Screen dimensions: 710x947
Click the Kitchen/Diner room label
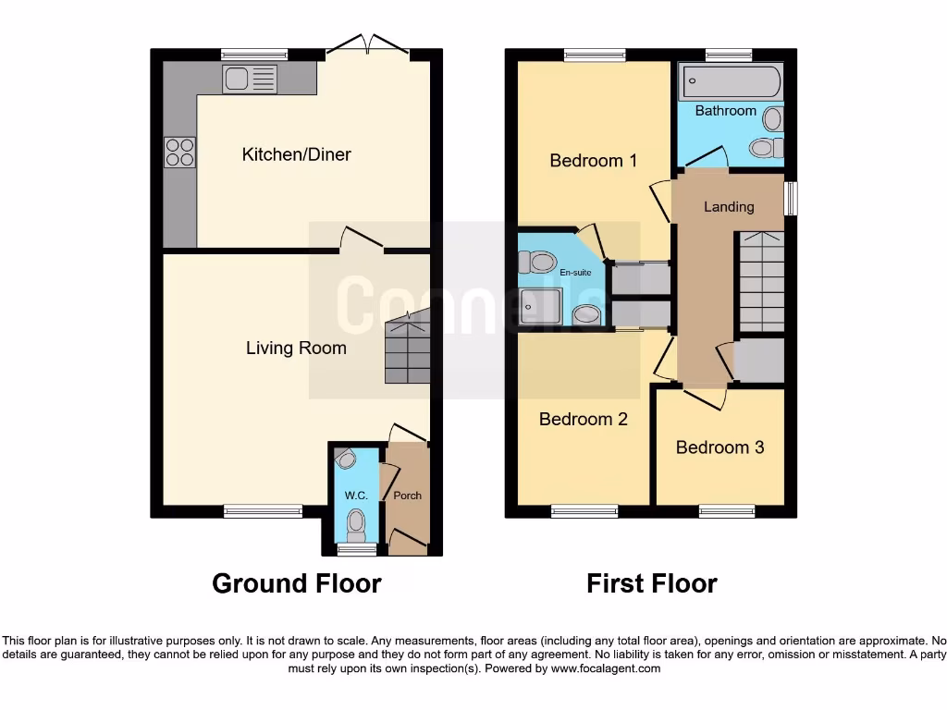(296, 154)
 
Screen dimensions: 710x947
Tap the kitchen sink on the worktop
(249, 79)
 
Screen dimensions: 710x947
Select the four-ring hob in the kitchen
(179, 152)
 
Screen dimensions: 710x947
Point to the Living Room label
(296, 349)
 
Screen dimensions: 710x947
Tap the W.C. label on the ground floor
(356, 496)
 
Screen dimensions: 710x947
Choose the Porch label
(408, 496)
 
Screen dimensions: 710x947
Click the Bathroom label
(725, 111)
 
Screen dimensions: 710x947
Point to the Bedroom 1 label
(593, 161)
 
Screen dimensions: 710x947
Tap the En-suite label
(574, 273)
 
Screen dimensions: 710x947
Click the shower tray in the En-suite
(539, 306)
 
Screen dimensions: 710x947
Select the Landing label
(729, 207)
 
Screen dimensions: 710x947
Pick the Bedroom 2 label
(583, 420)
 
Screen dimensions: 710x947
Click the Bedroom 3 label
(719, 447)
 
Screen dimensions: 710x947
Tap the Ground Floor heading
(296, 584)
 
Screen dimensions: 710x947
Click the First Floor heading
(651, 584)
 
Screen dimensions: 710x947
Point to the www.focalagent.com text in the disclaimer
(605, 668)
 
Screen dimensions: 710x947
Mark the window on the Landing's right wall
(791, 199)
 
